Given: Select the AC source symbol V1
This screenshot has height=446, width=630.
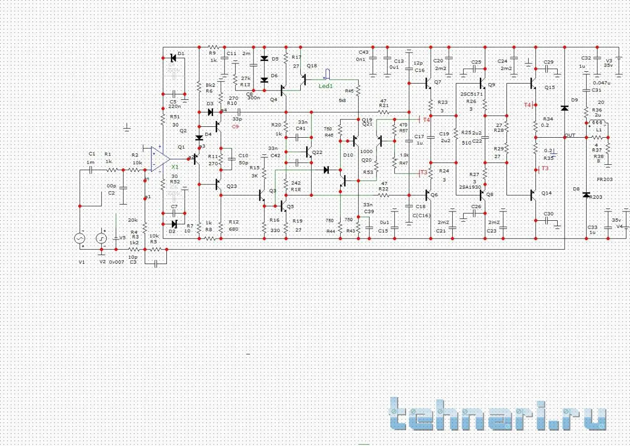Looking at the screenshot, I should click(x=79, y=238).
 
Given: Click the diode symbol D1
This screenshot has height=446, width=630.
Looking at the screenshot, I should click(x=173, y=58).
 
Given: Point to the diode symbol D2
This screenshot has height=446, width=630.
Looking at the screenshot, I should click(x=174, y=224).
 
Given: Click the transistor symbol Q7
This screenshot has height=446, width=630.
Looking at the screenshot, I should click(x=428, y=84).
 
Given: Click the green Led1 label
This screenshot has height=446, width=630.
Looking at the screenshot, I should click(x=325, y=86).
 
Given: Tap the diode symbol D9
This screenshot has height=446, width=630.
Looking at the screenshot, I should click(x=565, y=108).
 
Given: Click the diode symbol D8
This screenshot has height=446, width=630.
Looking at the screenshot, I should click(x=586, y=195).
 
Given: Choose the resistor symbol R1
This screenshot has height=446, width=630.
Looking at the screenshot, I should click(x=112, y=170).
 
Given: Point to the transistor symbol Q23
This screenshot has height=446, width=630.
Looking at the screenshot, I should click(x=219, y=185).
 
